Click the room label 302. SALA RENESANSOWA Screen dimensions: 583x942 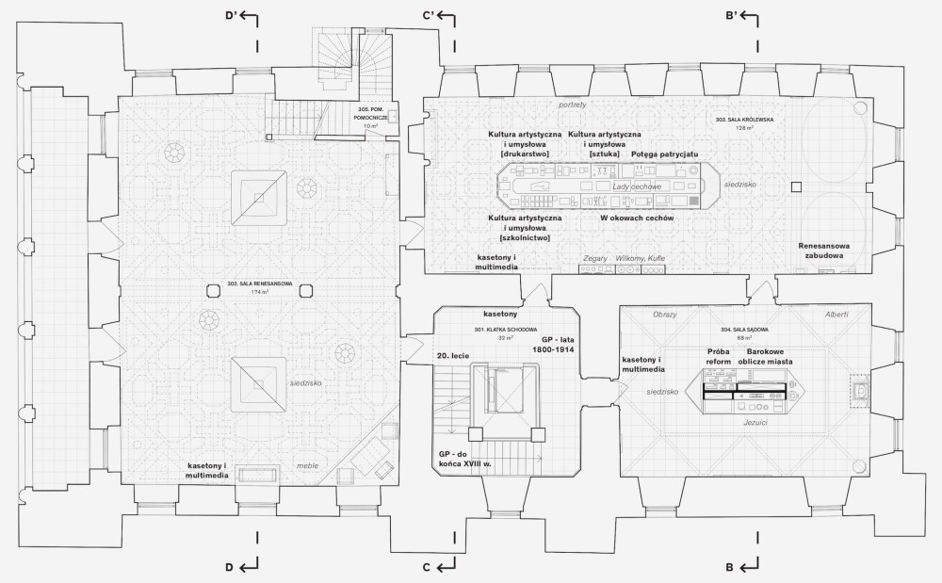(x=259, y=283)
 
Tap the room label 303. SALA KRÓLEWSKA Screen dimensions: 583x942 (x=744, y=121)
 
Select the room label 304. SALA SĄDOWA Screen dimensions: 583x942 (x=739, y=330)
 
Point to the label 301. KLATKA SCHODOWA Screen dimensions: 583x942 (x=505, y=330)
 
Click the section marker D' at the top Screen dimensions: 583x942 (x=229, y=16)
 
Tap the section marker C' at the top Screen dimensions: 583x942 (x=427, y=16)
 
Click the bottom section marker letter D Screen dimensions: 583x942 (x=228, y=567)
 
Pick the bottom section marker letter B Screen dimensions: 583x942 (x=729, y=567)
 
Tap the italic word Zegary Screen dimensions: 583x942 (x=595, y=256)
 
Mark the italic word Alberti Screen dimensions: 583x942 (x=836, y=314)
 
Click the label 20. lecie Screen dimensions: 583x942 (x=454, y=356)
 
